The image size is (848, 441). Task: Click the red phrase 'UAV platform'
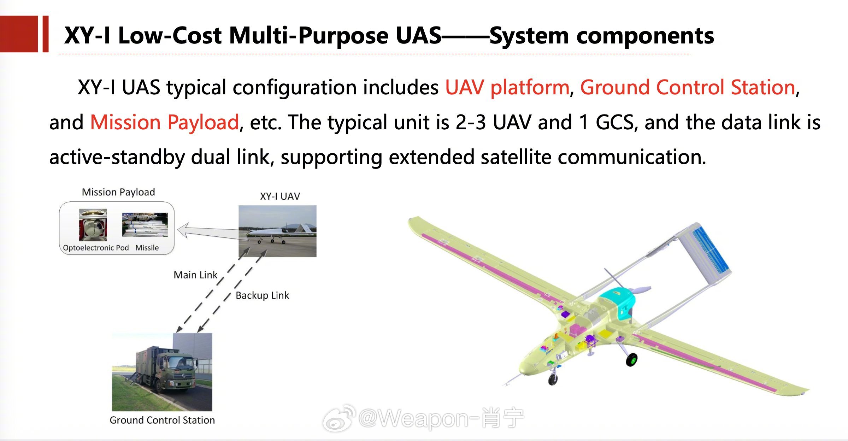[507, 87]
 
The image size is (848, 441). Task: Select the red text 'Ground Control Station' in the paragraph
[688, 87]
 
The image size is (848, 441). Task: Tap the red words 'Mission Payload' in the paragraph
[165, 122]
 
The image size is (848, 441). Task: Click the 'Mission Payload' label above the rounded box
[118, 192]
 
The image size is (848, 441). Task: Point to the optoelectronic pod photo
[93, 225]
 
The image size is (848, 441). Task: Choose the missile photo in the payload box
[145, 225]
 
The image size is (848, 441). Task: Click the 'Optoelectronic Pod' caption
[96, 248]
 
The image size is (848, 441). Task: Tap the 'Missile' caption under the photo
[147, 248]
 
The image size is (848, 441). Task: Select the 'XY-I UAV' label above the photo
[280, 196]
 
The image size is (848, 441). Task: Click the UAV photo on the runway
[277, 231]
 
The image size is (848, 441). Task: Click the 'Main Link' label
[195, 275]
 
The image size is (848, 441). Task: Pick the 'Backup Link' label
[262, 295]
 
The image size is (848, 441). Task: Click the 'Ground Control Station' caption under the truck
[162, 420]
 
